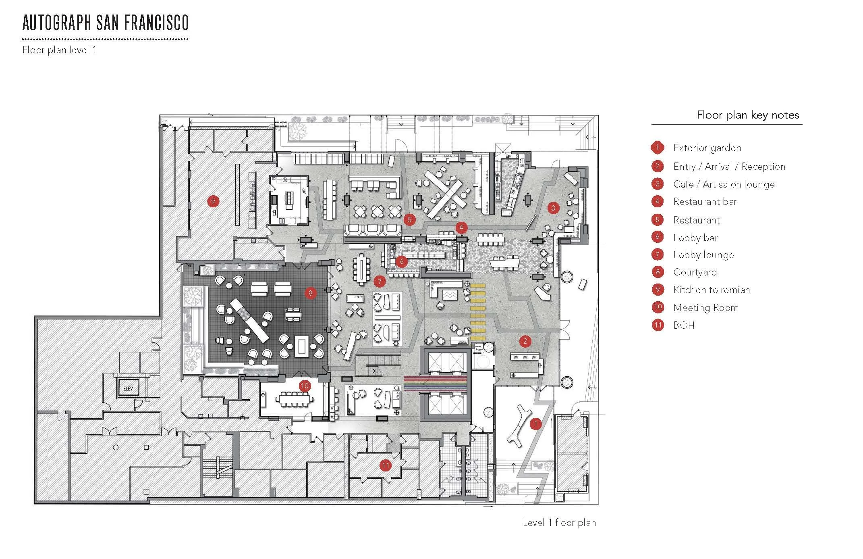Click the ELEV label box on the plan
128,388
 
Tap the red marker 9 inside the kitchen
213,201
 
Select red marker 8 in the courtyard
310,293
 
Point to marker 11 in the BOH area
386,466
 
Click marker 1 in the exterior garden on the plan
535,423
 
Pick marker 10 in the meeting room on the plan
305,386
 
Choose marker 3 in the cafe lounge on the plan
553,208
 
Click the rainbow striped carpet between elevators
435,384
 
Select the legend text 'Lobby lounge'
703,255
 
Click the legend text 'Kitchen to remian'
712,290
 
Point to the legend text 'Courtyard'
695,272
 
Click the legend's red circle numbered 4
658,202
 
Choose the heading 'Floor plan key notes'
748,115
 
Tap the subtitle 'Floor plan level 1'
59,50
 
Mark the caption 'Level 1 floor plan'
559,523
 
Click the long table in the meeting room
295,399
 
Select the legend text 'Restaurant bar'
705,202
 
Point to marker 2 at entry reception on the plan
525,341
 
